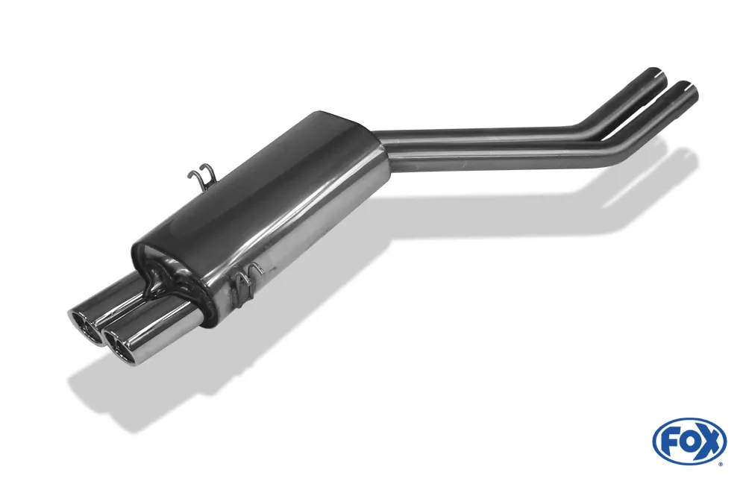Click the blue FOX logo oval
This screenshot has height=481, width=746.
(689, 441)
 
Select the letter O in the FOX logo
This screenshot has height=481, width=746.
(689, 441)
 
